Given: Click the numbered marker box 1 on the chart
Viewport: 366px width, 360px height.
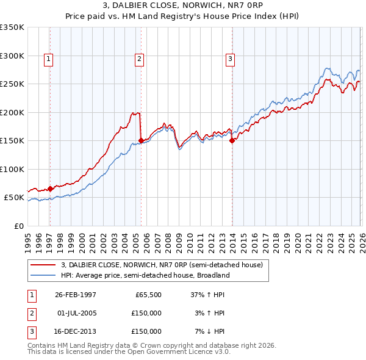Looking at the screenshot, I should coord(48,59).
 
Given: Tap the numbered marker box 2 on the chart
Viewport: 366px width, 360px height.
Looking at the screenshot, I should coord(139,59).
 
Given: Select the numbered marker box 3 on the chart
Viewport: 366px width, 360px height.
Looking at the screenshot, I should coord(230,59).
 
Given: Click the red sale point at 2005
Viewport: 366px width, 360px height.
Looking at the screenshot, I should coord(141,140).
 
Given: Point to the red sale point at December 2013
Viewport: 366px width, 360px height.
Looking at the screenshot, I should coord(232,140).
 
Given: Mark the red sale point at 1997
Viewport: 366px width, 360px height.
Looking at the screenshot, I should coord(51,189).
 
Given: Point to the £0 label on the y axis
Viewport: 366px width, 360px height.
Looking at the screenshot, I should coord(18,226).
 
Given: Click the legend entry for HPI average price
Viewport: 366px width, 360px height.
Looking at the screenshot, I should coord(145,275).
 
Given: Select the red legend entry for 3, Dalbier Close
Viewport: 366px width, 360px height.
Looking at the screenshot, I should coord(162,265).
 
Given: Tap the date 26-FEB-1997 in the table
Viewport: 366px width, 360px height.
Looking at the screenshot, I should coord(76,294).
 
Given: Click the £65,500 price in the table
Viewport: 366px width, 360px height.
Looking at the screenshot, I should coord(148,294).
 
